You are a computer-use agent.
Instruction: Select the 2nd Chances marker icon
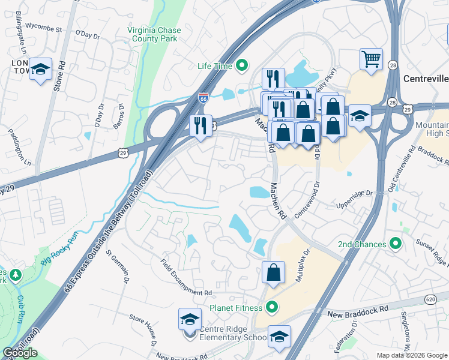point(395,244)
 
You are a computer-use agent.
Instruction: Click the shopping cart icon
point(371,59)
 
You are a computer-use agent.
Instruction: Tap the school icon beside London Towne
point(41,70)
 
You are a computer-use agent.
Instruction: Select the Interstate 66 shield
point(203,98)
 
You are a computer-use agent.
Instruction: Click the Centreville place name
point(425,79)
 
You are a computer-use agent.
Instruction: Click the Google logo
point(20,353)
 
